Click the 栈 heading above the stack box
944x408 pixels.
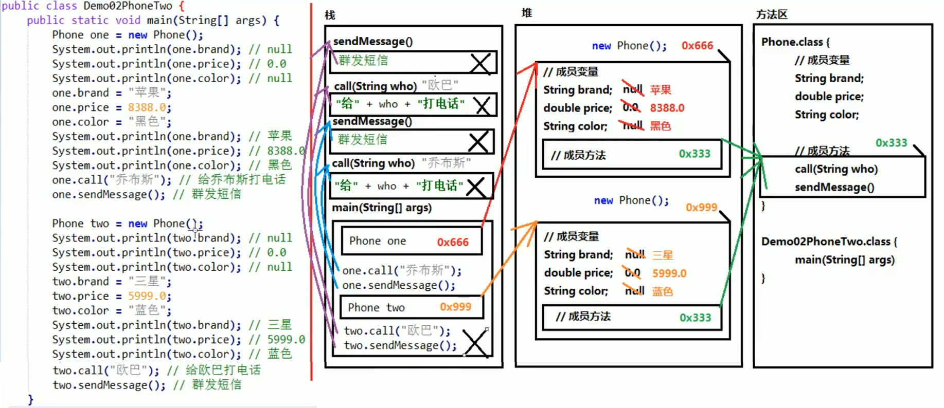tap(330, 15)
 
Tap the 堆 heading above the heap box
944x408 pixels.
tap(526, 13)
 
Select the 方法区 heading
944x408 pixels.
tap(772, 14)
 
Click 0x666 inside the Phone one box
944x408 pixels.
tap(453, 242)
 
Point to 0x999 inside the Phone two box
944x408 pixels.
tap(455, 307)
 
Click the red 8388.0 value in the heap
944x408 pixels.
tap(667, 108)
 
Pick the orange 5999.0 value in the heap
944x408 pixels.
tap(669, 273)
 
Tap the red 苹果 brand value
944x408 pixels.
tap(661, 90)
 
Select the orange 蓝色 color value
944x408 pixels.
tap(663, 291)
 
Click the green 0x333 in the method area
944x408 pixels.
tap(891, 143)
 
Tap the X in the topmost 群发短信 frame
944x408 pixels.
tap(480, 63)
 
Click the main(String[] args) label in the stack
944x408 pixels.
tap(382, 208)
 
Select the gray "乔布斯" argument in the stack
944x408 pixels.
tap(446, 163)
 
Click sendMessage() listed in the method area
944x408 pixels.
tap(834, 187)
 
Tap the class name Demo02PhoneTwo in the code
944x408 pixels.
tap(128, 6)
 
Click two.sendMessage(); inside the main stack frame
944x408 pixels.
tap(400, 345)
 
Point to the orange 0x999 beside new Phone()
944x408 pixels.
tap(701, 207)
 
